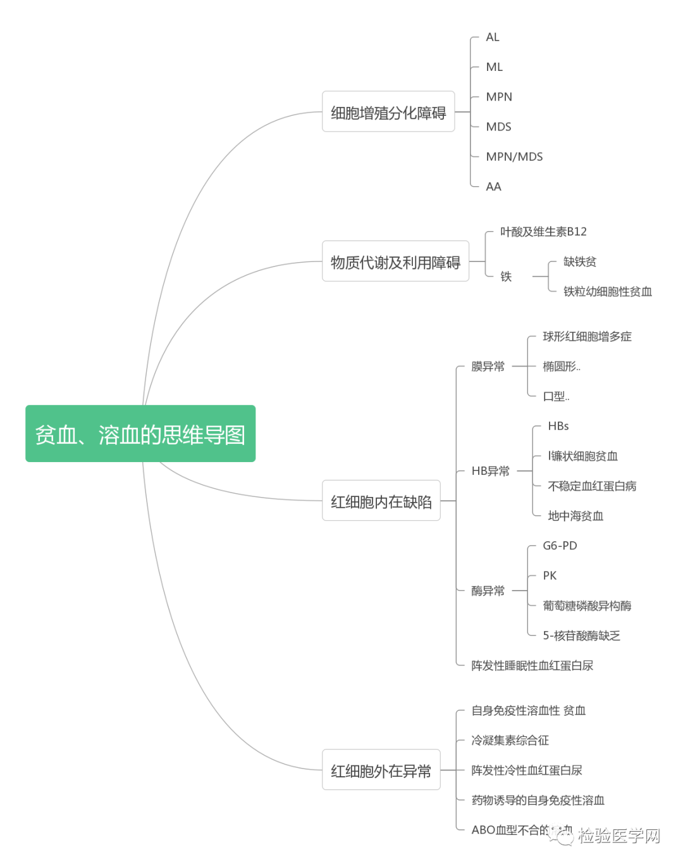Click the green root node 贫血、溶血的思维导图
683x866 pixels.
(140, 434)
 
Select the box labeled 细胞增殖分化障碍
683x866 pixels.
(388, 112)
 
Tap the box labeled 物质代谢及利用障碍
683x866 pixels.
(395, 261)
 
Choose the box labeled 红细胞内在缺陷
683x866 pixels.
(381, 501)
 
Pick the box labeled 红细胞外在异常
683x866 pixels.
(381, 770)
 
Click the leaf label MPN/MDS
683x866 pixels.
(514, 156)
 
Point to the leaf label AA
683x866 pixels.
(493, 187)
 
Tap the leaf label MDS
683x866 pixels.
(498, 127)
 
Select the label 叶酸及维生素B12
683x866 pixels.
(543, 232)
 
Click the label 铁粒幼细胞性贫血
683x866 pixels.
(607, 291)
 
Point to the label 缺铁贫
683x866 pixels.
(579, 261)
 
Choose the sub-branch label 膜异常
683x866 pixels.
(488, 367)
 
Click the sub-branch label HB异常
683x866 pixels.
(490, 471)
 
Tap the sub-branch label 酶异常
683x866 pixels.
(488, 591)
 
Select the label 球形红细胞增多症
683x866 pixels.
(587, 336)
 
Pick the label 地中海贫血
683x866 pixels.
(575, 516)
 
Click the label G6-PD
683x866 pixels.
(560, 546)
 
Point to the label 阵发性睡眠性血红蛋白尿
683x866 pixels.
(532, 665)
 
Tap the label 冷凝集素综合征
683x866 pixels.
(510, 740)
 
